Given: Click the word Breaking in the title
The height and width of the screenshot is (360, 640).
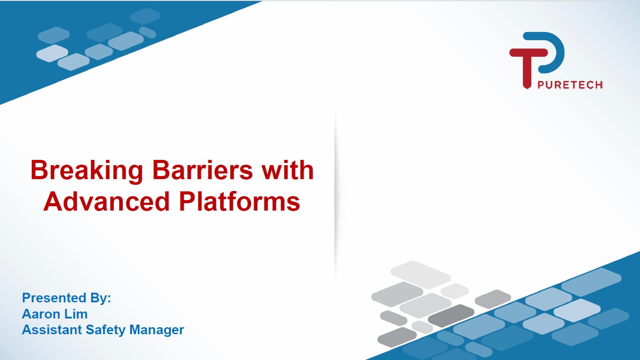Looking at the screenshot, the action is [x=87, y=171].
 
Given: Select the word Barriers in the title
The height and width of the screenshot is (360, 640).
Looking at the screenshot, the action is [x=203, y=170].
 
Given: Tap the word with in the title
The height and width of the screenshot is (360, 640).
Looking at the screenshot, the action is [x=288, y=170].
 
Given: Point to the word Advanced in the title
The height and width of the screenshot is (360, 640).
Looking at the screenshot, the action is [x=107, y=201].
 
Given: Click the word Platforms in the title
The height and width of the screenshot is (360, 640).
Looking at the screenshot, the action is [x=240, y=201].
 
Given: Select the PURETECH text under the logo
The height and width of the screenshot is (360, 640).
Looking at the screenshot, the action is [x=570, y=85].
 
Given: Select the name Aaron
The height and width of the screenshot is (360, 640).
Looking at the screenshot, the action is [x=41, y=314].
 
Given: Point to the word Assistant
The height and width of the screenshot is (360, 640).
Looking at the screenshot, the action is [x=52, y=330].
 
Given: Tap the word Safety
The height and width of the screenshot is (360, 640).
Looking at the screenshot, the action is [x=105, y=330].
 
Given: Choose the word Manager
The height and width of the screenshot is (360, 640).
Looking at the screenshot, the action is [x=156, y=330].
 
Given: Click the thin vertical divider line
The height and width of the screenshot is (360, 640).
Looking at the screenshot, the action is [x=336, y=197].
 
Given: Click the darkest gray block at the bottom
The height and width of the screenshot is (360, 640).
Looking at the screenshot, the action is [x=451, y=315].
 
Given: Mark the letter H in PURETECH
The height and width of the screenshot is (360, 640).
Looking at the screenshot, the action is [x=598, y=85].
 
